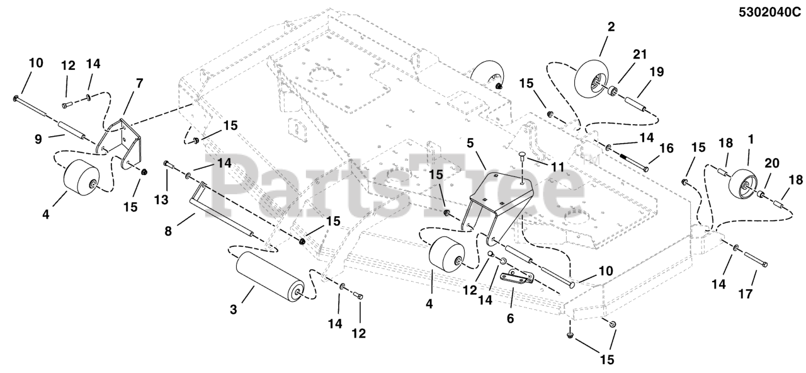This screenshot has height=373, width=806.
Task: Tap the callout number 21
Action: point(640,55)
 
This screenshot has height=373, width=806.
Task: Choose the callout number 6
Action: point(510,319)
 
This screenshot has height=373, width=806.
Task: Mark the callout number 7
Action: point(139,83)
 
